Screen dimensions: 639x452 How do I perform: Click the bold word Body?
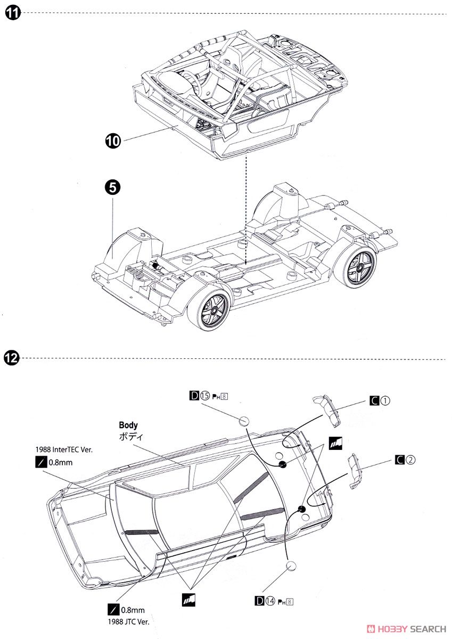coord(128,425)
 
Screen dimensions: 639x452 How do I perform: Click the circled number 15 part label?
coord(206,396)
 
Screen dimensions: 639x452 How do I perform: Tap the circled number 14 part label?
coord(271,602)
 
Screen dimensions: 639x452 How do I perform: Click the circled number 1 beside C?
coord(385,401)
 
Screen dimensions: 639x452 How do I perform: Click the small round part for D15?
coord(244,421)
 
